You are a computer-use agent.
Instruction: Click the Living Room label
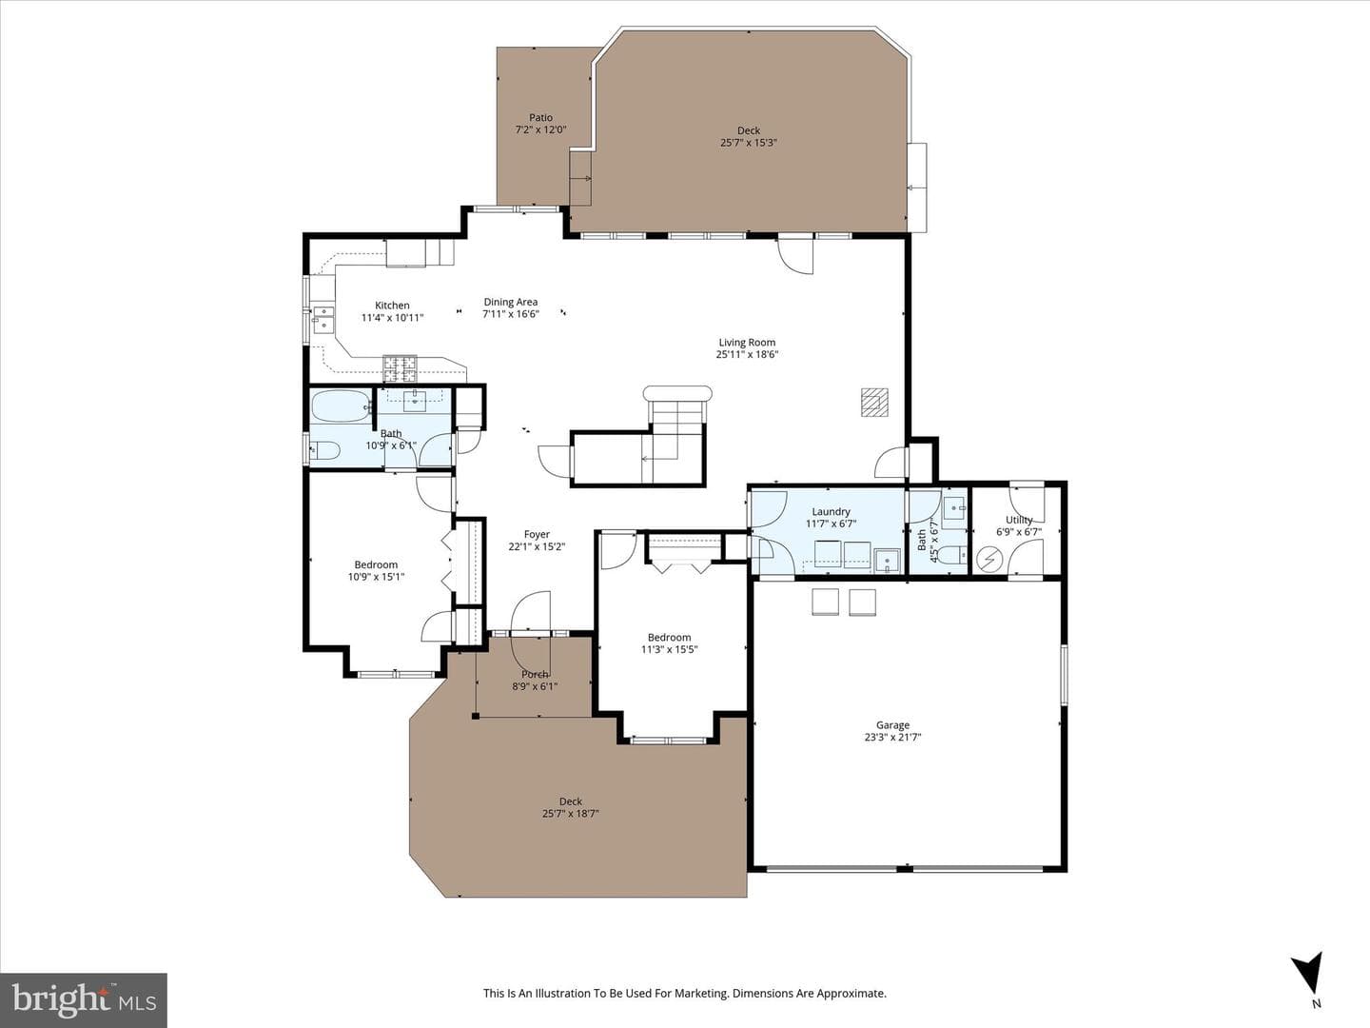[x=747, y=342]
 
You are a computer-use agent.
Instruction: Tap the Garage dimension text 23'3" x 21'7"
[x=892, y=737]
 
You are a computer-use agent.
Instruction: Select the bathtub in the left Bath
[x=342, y=405]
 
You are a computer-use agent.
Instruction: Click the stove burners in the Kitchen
[x=400, y=367]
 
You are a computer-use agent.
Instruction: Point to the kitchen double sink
[x=323, y=320]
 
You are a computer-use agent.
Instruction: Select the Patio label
[x=540, y=117]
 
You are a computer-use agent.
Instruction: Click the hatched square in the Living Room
[x=874, y=402]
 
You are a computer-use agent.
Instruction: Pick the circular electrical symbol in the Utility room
[x=989, y=560]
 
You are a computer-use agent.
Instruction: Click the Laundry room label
[x=831, y=512]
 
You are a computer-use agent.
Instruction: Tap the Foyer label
[x=537, y=534]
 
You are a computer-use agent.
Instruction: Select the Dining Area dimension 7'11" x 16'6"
[x=511, y=314]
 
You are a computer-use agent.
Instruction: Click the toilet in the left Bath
[x=324, y=450]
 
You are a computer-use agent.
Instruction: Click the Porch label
[x=535, y=674]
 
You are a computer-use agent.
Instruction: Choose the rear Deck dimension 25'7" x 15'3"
[x=749, y=143]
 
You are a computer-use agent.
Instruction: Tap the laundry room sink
[x=887, y=561]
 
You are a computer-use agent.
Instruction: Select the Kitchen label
[x=392, y=306]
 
